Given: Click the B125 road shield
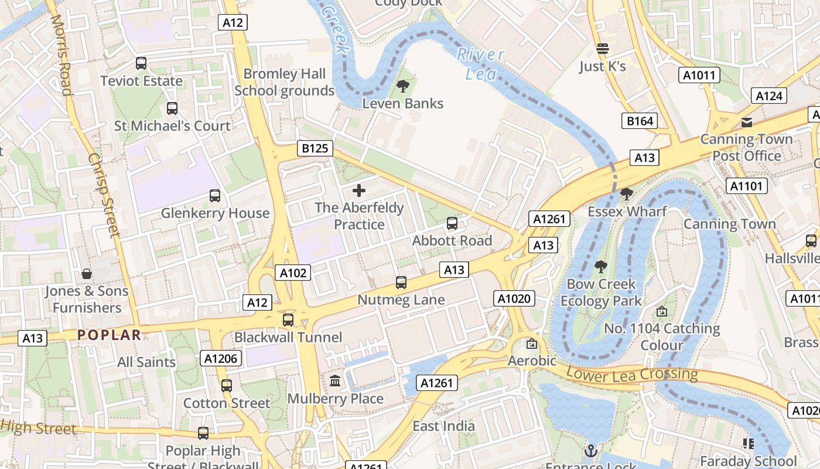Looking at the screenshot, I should [x=315, y=148].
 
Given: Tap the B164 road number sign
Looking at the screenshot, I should [x=639, y=121].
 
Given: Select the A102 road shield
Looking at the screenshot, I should [x=293, y=273].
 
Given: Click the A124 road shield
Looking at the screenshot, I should [x=769, y=96].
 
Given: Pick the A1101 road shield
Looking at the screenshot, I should [x=746, y=186].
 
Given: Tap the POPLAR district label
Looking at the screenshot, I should [x=109, y=335].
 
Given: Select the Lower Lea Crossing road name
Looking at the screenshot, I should [x=632, y=374].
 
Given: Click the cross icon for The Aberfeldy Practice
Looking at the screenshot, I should [x=359, y=190].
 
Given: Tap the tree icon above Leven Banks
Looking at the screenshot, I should [x=403, y=87].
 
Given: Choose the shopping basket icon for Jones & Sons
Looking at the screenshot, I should [x=87, y=274].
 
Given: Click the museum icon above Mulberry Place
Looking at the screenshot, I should [x=335, y=381].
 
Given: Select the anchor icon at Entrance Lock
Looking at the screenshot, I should [x=590, y=451].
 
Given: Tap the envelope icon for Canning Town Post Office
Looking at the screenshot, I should [x=747, y=122].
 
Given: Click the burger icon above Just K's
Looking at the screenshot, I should [x=603, y=49].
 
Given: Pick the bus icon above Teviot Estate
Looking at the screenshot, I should [x=141, y=63].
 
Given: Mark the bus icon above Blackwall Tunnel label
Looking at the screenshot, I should [x=288, y=320].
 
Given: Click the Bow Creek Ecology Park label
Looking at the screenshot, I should [x=601, y=293].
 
